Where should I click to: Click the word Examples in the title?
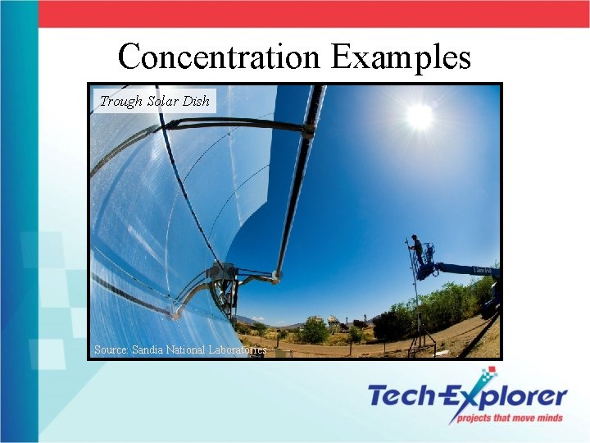(402, 57)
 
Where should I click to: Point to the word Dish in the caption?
(197, 102)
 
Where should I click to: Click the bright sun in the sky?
(419, 116)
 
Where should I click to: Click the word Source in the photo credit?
(111, 349)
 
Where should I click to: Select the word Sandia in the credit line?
(148, 349)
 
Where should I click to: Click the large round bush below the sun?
(314, 331)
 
